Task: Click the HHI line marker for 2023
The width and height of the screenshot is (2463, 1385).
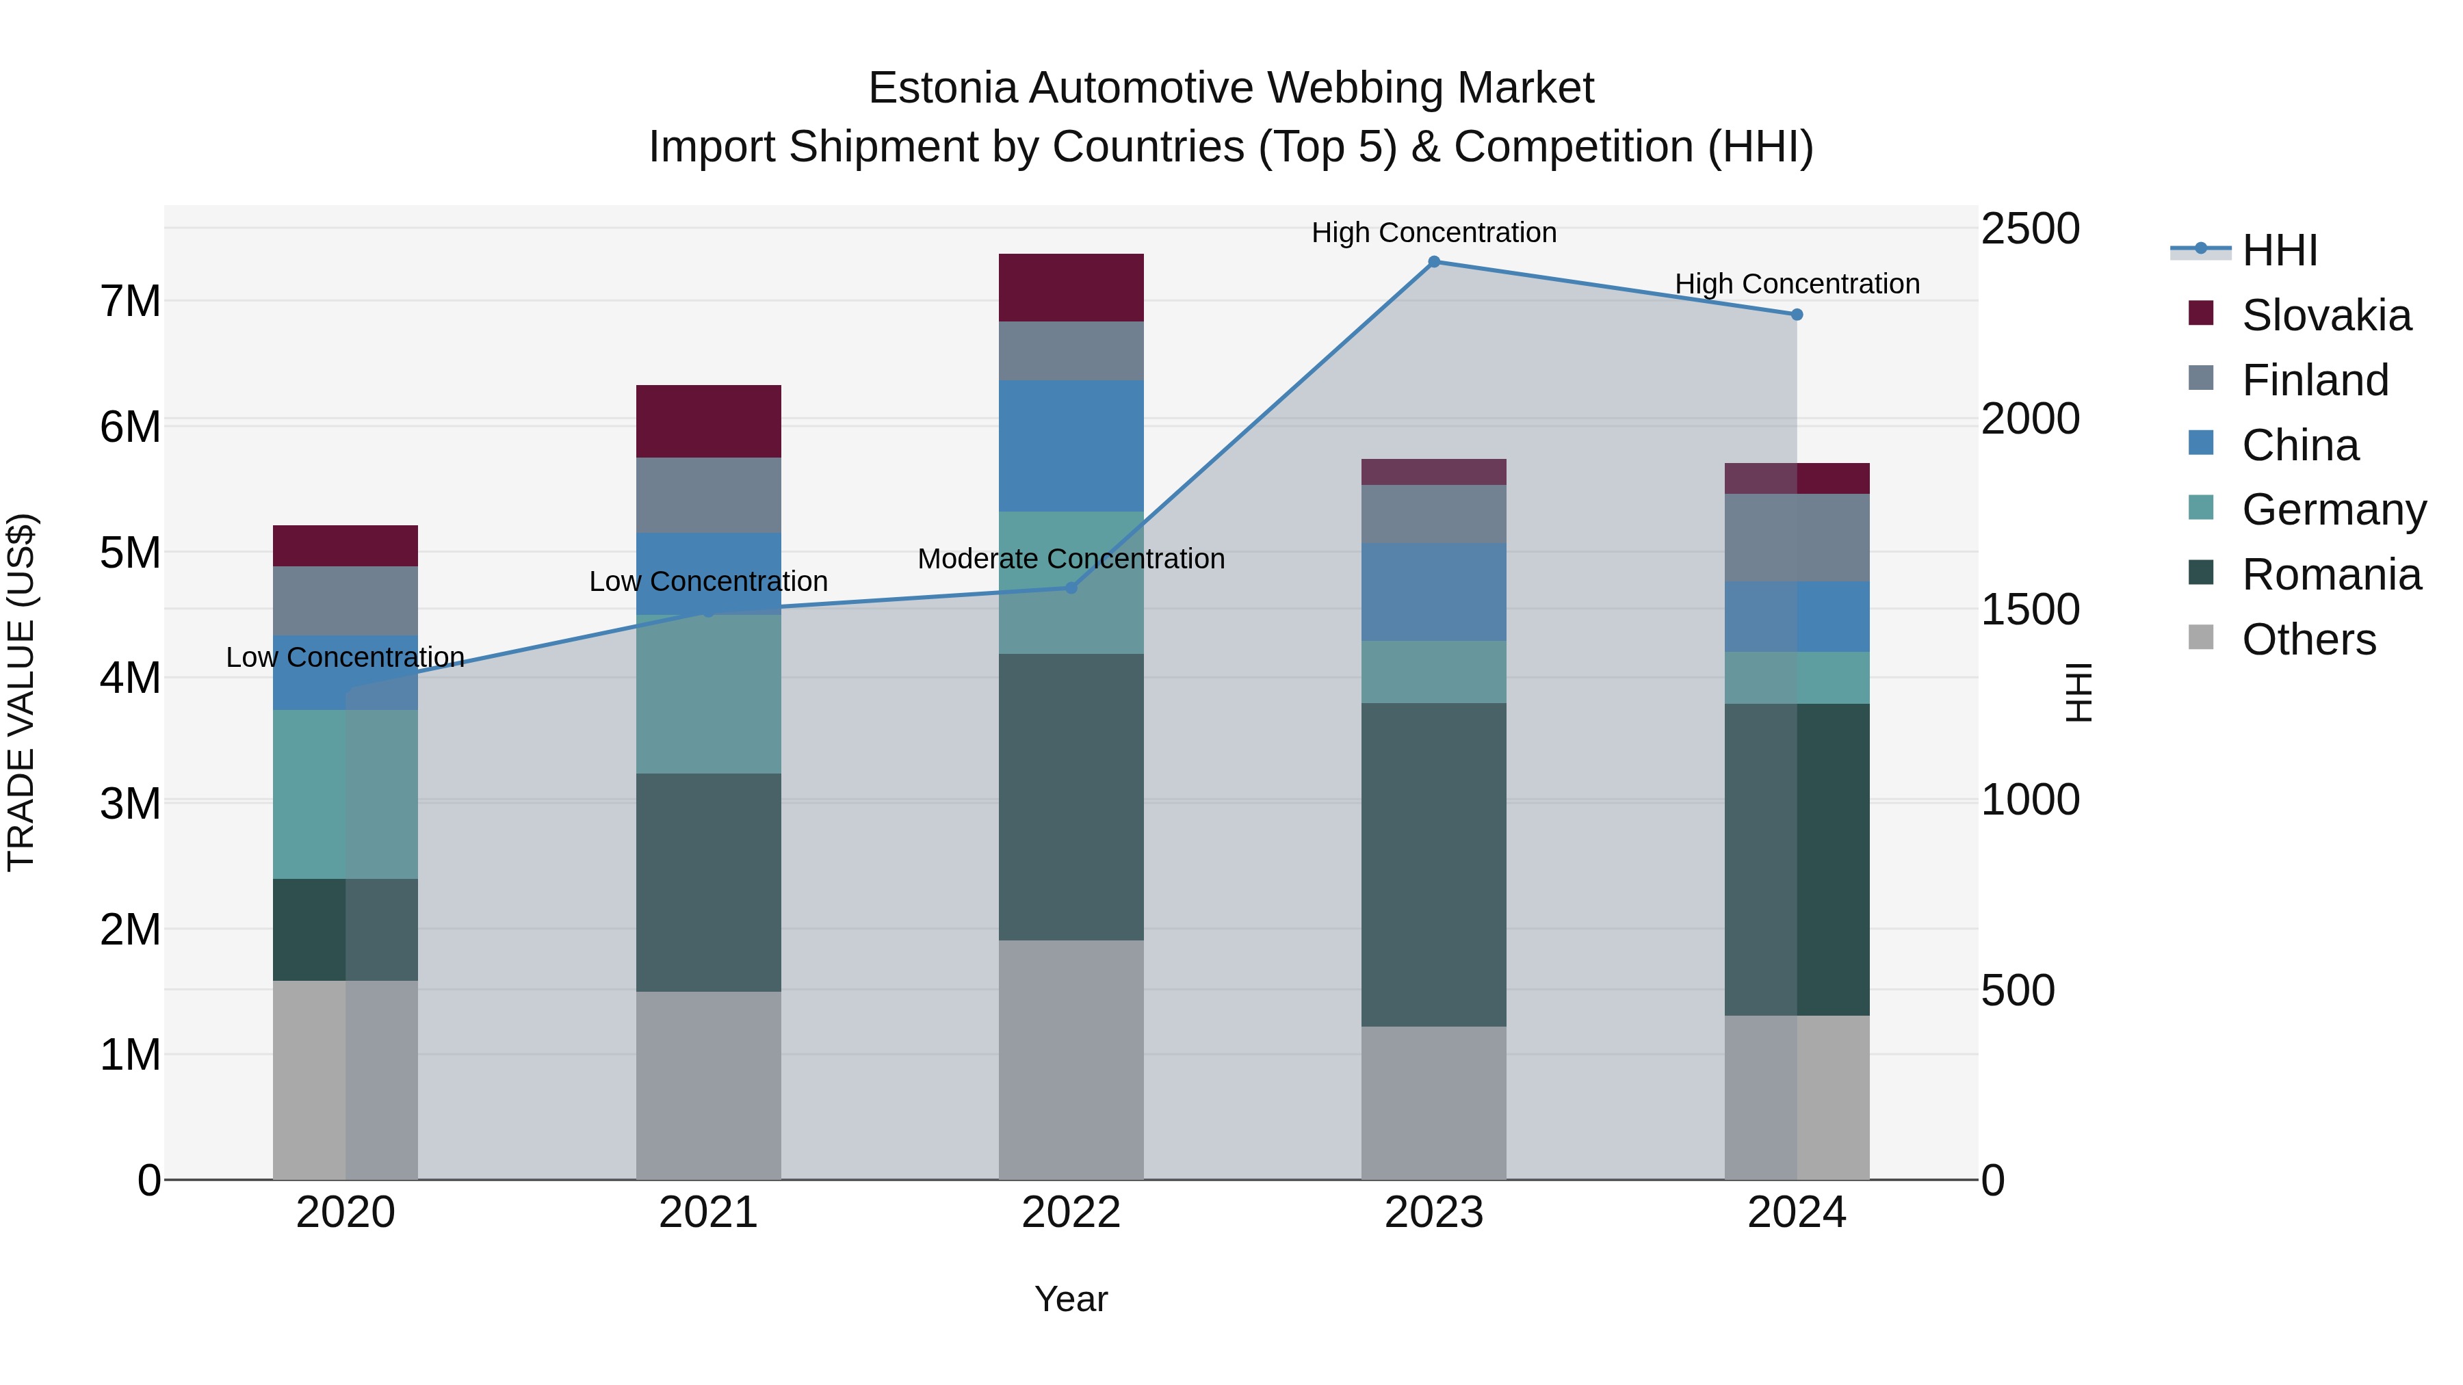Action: click(x=1433, y=262)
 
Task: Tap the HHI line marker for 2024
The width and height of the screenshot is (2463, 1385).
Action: click(x=1797, y=315)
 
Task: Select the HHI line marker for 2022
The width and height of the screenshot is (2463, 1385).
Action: click(x=1071, y=588)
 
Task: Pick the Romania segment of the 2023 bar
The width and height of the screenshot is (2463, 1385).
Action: click(x=1433, y=865)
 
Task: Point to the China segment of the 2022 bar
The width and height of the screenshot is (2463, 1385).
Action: click(x=1071, y=445)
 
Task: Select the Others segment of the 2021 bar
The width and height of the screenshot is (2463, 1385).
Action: click(x=709, y=1085)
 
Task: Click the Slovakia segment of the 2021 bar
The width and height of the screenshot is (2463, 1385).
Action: click(x=709, y=421)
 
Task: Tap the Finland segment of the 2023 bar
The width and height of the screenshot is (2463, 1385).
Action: click(x=1433, y=514)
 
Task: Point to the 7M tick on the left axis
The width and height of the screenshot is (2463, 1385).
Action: click(x=130, y=301)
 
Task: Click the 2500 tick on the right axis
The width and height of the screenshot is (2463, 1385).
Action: click(x=2030, y=229)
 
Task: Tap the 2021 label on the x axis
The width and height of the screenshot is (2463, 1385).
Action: click(x=709, y=1213)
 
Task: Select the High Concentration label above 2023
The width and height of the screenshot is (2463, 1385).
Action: click(x=1433, y=233)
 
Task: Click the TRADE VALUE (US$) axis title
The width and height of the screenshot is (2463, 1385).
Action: click(x=21, y=692)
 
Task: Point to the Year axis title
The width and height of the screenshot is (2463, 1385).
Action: click(x=1071, y=1299)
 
